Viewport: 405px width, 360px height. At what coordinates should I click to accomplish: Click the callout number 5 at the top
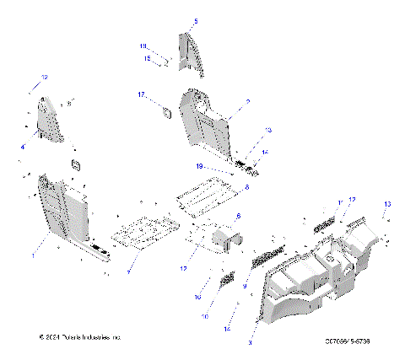click(197, 19)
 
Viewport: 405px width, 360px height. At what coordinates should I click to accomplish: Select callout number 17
click(143, 95)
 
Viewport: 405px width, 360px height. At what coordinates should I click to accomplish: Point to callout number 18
click(143, 46)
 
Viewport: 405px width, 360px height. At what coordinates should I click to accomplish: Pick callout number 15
click(146, 58)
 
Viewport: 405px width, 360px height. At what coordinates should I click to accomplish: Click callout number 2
click(247, 100)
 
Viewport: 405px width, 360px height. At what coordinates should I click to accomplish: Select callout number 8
click(247, 186)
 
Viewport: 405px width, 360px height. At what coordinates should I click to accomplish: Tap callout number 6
click(238, 217)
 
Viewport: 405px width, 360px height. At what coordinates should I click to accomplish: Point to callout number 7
click(128, 272)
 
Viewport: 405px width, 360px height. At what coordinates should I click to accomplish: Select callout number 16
click(197, 298)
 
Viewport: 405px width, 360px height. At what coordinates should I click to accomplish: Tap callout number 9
click(244, 287)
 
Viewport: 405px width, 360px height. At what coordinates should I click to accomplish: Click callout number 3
click(249, 343)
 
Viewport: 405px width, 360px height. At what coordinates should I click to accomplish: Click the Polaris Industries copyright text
click(80, 336)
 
